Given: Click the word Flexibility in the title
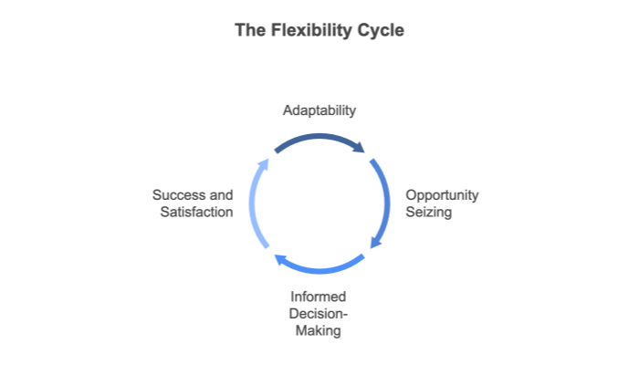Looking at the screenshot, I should pos(312,30).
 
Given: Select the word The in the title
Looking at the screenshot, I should pos(249,30).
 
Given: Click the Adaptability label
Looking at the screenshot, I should pos(319,110).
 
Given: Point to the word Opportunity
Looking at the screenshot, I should pos(442,195).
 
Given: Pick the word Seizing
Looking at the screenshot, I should pos(428,213).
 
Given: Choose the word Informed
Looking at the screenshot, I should pos(319,297).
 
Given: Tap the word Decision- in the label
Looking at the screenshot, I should pos(319,314).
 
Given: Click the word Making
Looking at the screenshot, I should pos(319,330).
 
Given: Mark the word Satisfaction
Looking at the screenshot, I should pos(194,213).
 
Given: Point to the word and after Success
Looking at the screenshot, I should pos(221,195).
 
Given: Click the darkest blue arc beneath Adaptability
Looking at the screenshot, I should pos(315,138).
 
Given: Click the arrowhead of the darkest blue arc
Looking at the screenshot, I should pos(361,148).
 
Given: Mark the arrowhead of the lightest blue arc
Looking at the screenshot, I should pos(264,163).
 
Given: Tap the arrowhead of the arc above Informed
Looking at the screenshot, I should pos(279,260).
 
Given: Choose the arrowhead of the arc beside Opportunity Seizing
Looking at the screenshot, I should pos(374,243).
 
